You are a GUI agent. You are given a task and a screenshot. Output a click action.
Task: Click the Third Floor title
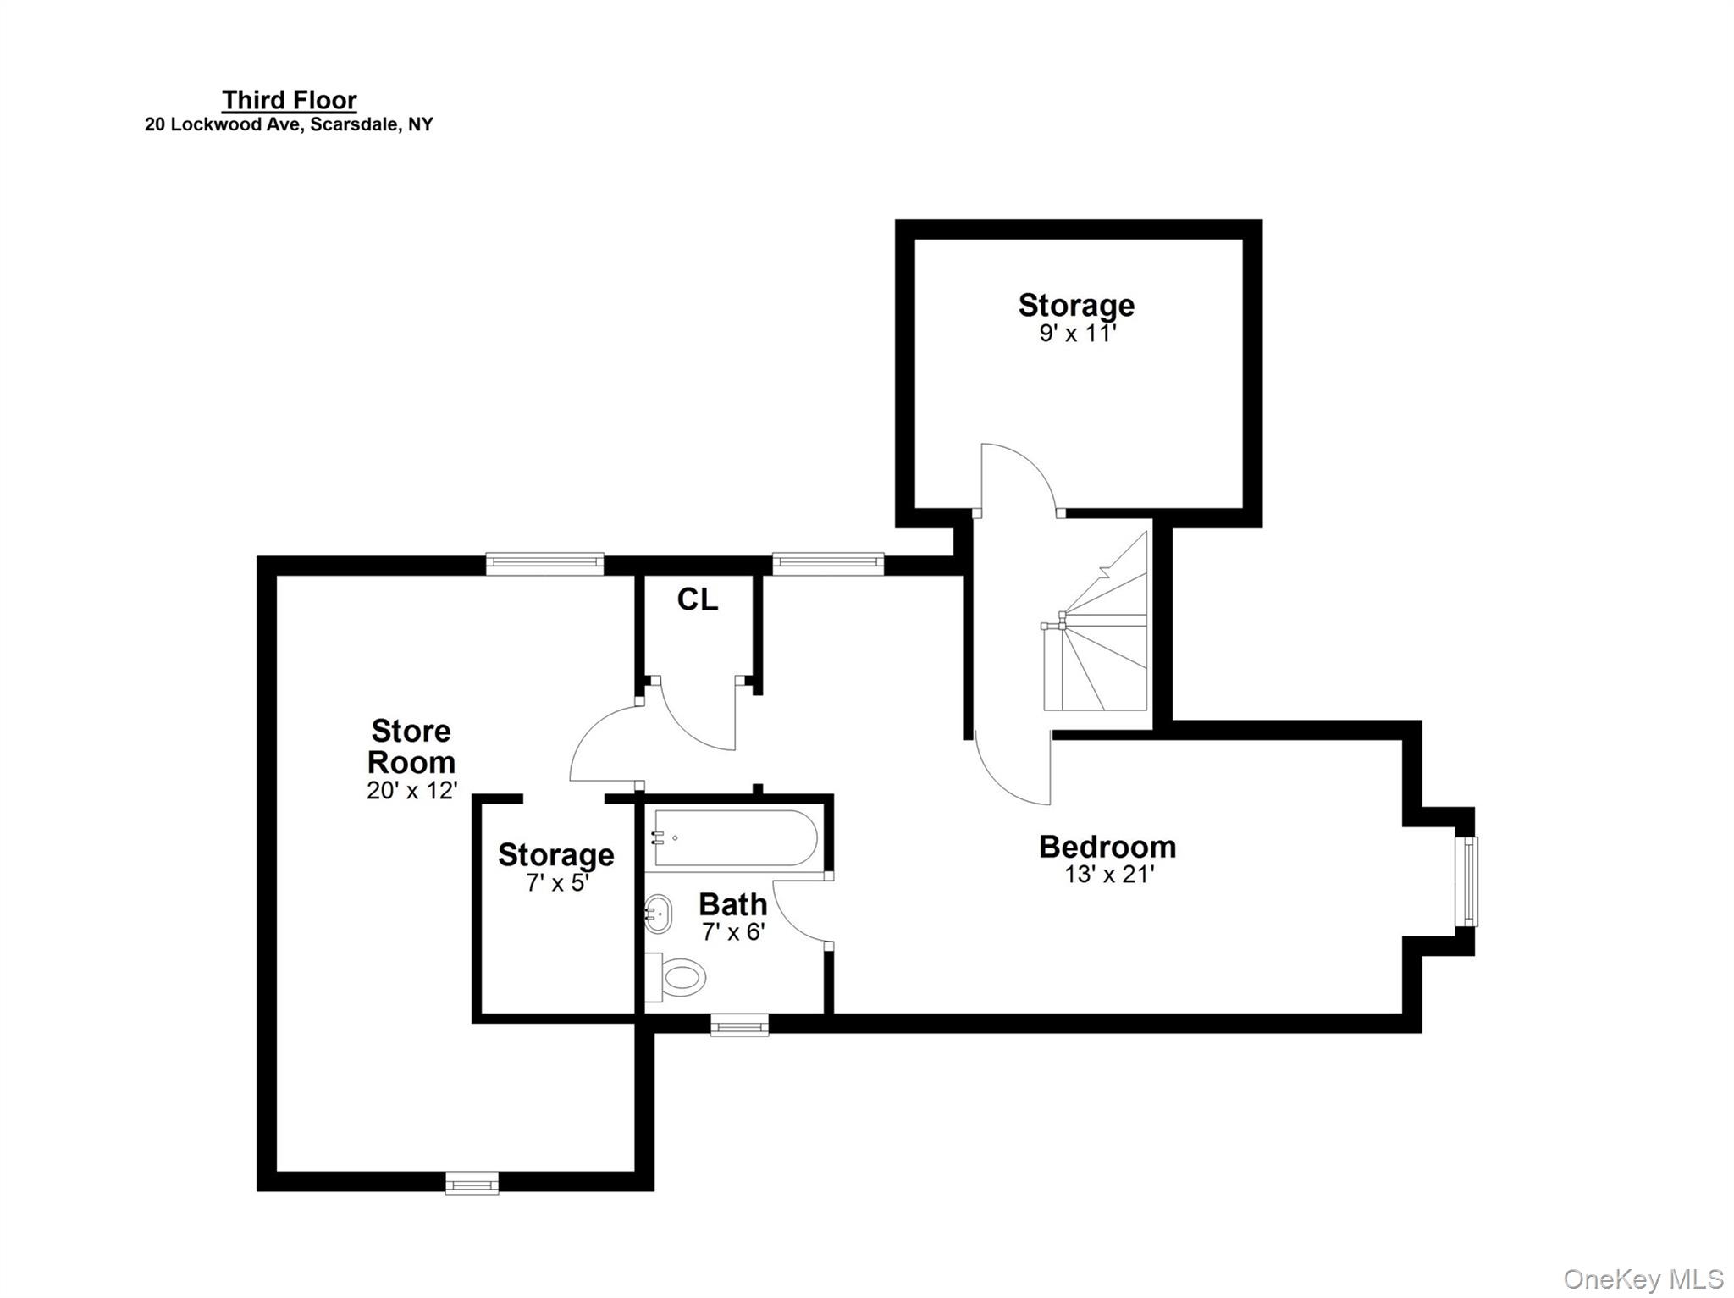290,100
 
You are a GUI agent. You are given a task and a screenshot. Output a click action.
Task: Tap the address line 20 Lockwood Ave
289,124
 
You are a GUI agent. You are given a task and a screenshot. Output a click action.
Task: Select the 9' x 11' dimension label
1077,333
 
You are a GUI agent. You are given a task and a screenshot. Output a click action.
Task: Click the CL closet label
698,600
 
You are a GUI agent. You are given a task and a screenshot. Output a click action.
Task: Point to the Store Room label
411,746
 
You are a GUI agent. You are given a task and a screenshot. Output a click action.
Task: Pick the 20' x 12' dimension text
411,790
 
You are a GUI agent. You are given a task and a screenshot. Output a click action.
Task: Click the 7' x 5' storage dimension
556,883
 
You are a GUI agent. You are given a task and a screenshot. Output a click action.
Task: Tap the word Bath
732,904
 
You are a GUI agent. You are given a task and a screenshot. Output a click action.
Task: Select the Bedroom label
1107,847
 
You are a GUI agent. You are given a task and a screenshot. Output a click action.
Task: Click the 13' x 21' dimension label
1109,874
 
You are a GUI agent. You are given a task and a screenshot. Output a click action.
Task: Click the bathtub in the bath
735,838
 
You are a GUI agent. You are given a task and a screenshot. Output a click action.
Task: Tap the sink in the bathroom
659,914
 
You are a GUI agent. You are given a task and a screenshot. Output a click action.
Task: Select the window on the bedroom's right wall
1466,881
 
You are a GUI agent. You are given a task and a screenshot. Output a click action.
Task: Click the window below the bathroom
739,1027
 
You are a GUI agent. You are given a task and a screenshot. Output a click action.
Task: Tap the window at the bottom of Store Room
472,1182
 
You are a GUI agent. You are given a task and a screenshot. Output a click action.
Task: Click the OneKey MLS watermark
1643,1279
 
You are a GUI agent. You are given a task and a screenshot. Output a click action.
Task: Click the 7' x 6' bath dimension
733,932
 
